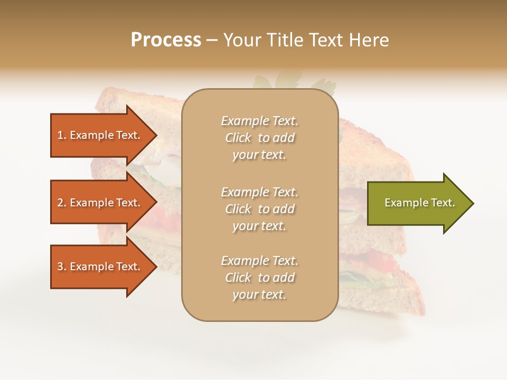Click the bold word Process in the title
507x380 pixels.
tap(166, 40)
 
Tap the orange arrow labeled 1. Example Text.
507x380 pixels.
tap(99, 135)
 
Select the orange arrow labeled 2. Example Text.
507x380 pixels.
tap(99, 203)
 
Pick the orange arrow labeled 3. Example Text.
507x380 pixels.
tap(99, 267)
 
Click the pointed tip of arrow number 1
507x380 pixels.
tap(155, 135)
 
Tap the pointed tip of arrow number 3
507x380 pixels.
tap(155, 267)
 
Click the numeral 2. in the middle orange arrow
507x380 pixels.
tap(62, 203)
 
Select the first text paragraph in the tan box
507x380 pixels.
tap(259, 138)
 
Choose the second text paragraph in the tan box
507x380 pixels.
tap(259, 209)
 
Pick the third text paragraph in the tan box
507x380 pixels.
tap(259, 278)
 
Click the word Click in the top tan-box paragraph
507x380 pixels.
tap(238, 138)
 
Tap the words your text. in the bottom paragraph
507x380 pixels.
tap(259, 294)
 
